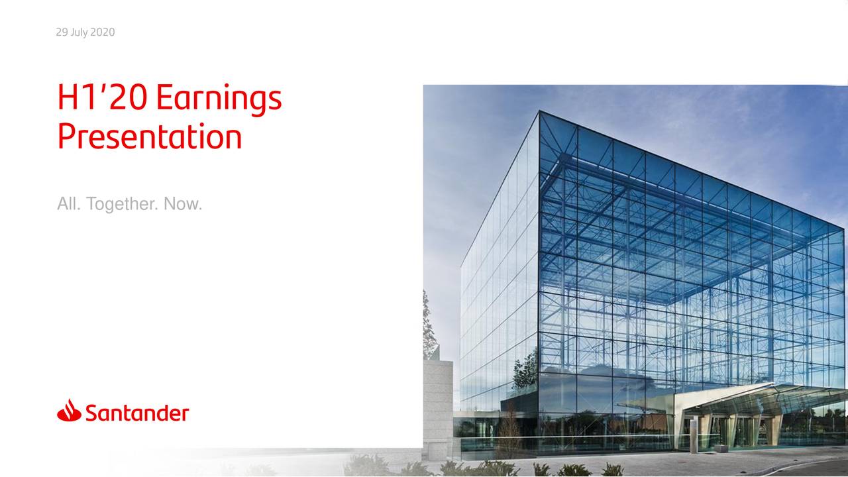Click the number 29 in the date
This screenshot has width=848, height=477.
coord(62,32)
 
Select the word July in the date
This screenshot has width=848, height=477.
coord(79,32)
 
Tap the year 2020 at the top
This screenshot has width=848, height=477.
coord(103,32)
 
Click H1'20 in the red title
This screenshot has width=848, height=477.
coord(102,97)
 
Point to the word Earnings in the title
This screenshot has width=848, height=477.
coord(219,99)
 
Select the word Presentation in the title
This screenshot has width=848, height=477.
coord(150,136)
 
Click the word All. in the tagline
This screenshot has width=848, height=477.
coord(69,203)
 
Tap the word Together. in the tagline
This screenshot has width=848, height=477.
coord(123,205)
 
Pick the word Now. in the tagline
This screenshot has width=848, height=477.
coord(183,203)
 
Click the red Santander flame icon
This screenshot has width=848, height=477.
coord(70,410)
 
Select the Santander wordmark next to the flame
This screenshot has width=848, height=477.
coord(137,413)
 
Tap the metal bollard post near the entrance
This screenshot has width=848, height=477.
coord(693,436)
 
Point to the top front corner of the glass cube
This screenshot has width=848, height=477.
coord(539,111)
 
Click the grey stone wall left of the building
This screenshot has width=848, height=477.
coord(438,409)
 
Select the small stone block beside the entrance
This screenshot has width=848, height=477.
coord(721,449)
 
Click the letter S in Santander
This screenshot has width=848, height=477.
coord(91,413)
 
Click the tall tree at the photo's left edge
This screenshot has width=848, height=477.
coord(429,325)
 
